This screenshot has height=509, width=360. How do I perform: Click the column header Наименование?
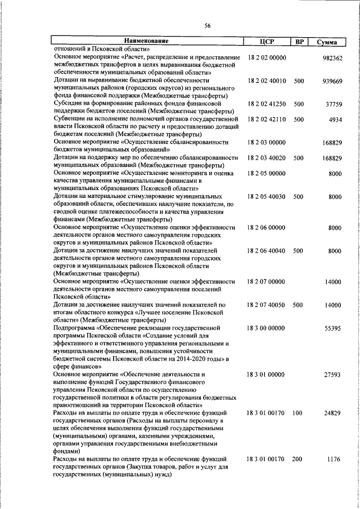pyautogui.click(x=147, y=41)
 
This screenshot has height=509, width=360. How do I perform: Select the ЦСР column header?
pyautogui.click(x=267, y=41)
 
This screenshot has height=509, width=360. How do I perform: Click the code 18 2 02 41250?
pyautogui.click(x=267, y=104)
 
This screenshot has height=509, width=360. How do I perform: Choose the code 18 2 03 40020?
pyautogui.click(x=267, y=159)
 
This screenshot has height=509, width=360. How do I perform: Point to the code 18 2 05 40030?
pyautogui.click(x=267, y=197)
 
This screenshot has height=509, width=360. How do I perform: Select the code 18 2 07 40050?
pyautogui.click(x=267, y=305)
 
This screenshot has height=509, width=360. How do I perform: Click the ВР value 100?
pyautogui.click(x=298, y=413)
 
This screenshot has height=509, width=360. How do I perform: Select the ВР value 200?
pyautogui.click(x=298, y=460)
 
